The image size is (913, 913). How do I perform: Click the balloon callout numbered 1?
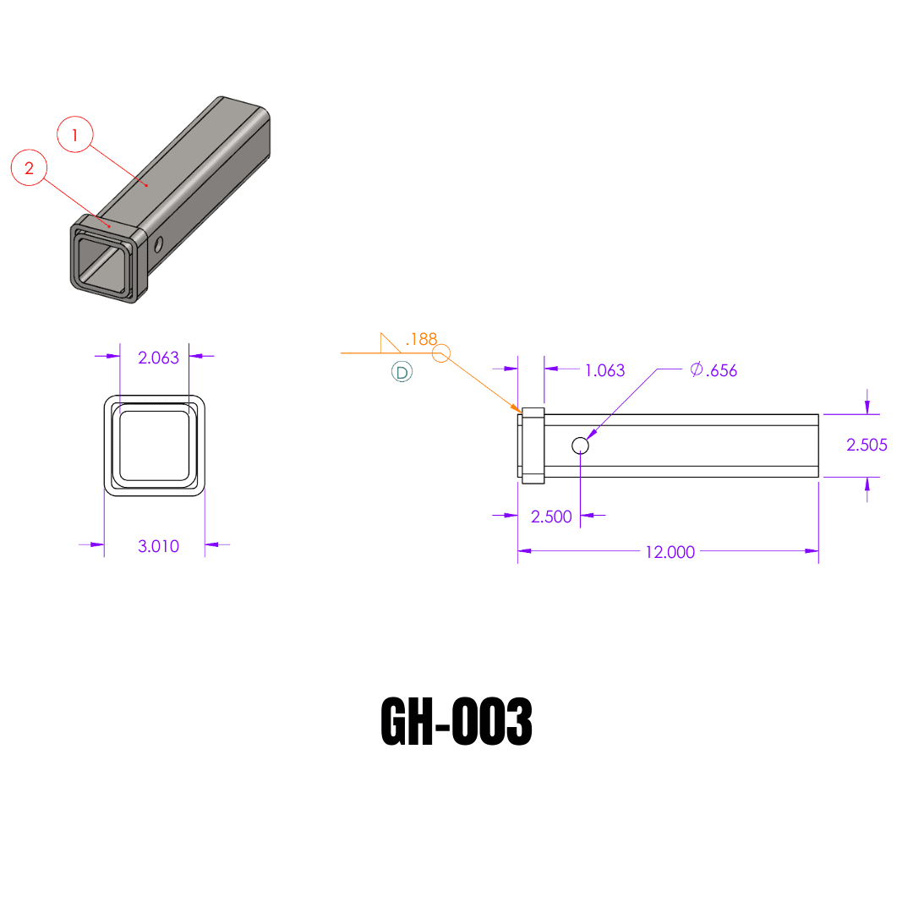(x=75, y=134)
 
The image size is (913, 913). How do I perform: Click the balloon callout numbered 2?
(x=29, y=168)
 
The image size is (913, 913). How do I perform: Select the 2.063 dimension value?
(x=158, y=357)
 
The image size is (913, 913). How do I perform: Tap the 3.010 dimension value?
(x=158, y=546)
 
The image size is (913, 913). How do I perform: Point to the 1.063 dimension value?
(x=604, y=370)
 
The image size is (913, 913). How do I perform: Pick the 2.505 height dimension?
(x=867, y=445)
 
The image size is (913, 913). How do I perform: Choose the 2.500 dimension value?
(x=551, y=517)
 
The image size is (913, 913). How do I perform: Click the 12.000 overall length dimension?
(x=670, y=552)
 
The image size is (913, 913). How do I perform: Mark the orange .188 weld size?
(x=421, y=339)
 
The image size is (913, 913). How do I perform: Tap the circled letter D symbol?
(x=402, y=372)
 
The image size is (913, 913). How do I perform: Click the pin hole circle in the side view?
(x=580, y=445)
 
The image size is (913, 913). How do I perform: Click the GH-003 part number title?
(x=456, y=723)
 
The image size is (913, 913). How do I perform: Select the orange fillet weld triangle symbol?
(x=389, y=342)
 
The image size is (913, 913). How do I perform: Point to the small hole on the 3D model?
(x=158, y=244)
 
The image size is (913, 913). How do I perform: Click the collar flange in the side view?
(x=533, y=446)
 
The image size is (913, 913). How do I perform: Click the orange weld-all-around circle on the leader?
(x=442, y=353)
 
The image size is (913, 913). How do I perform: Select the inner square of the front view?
(x=154, y=445)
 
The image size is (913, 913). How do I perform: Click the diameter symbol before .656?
(x=697, y=369)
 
